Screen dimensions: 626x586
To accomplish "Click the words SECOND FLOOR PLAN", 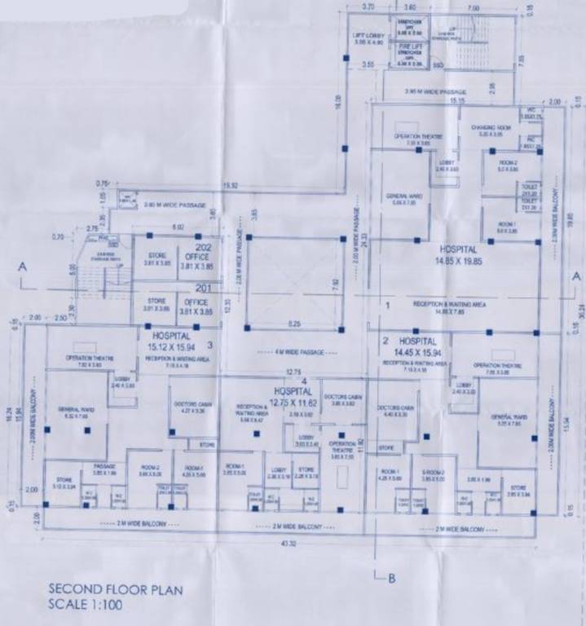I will point(115,589).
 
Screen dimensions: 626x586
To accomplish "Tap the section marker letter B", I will point(391,579).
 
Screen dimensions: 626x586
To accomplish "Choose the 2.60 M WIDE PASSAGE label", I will point(172,205).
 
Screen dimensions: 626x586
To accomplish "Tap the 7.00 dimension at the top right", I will point(474,7).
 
